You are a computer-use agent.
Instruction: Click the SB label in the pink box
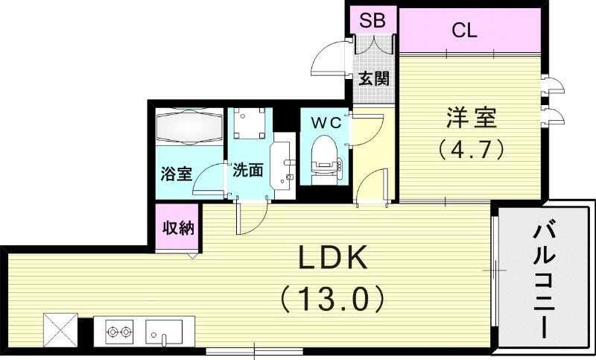[x=372, y=20]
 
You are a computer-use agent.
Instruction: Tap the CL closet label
[x=464, y=31]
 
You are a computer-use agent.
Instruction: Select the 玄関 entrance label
[x=373, y=78]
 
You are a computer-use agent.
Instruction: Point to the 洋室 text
[x=471, y=119]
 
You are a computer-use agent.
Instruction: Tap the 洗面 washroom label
[x=247, y=170]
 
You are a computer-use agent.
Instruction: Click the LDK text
[x=332, y=259]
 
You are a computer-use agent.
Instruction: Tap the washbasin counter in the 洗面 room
[x=282, y=165]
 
